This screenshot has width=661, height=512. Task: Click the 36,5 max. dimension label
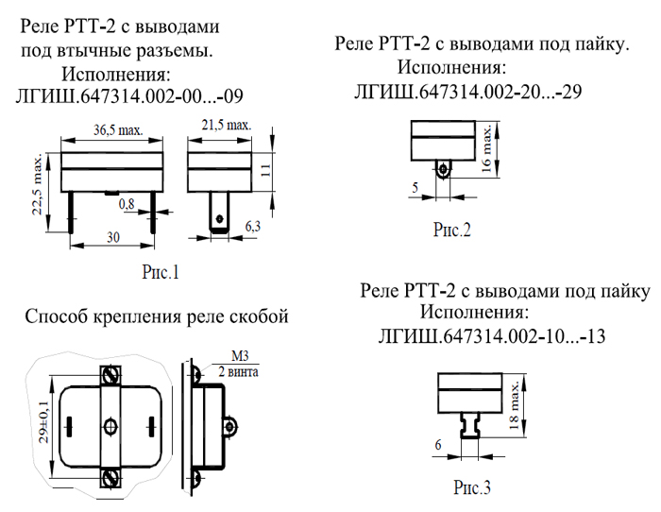[118, 129]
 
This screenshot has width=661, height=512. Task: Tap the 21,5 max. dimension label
[227, 125]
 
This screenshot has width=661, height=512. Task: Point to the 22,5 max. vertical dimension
[37, 184]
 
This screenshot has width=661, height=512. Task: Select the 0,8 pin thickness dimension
[127, 204]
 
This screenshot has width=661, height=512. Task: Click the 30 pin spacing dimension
[113, 237]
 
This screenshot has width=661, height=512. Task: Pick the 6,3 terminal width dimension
[253, 227]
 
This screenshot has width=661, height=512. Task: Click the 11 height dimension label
[265, 170]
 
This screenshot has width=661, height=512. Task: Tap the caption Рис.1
[161, 272]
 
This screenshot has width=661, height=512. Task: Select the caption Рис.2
[452, 230]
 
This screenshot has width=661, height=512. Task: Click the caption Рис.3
[472, 487]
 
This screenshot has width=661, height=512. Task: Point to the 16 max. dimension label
[486, 148]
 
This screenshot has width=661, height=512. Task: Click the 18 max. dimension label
[514, 405]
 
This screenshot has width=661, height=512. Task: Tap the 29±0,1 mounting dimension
[43, 421]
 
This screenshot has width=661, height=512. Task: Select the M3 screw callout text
[240, 356]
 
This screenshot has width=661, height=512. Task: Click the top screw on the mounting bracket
[110, 374]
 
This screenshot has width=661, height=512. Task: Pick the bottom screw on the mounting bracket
[110, 478]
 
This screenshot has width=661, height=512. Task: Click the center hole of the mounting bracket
[110, 426]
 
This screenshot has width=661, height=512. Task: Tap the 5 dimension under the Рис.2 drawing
[415, 187]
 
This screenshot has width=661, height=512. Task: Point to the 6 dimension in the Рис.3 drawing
[438, 445]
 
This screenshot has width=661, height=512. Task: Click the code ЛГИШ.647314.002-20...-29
[468, 92]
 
